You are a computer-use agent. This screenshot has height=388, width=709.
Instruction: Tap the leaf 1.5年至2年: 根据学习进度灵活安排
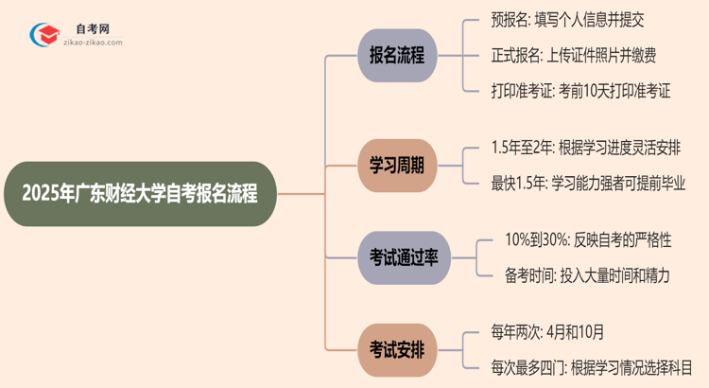click(x=586, y=148)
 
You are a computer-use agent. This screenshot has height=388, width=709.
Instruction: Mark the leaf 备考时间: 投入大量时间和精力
click(x=587, y=275)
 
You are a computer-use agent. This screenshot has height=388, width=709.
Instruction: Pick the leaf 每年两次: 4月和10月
click(x=547, y=331)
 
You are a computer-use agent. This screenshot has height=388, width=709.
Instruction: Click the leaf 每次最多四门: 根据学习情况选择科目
click(x=592, y=366)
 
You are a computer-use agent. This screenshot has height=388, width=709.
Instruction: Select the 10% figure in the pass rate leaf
click(x=518, y=240)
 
